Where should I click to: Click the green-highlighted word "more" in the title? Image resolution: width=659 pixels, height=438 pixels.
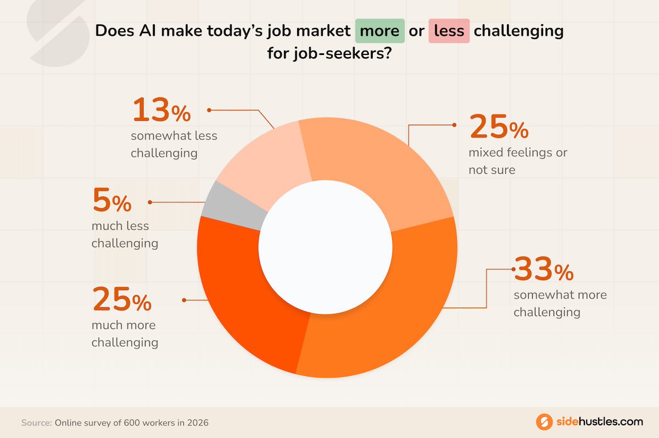coord(380,31)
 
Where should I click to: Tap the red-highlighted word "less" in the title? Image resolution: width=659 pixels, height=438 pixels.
coord(449,31)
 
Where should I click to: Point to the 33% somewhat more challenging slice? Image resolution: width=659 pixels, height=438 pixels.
coord(384,319)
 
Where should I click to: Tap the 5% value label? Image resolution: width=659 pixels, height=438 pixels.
coord(112,202)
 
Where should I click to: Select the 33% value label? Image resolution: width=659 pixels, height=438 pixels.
coord(544,270)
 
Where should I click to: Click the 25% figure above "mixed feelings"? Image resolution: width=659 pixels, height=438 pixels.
coord(499,129)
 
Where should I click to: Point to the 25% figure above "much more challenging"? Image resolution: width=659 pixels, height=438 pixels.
coord(121,301)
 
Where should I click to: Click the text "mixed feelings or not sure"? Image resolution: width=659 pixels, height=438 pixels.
coord(517,161)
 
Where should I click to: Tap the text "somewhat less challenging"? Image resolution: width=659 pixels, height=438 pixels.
coord(174,145)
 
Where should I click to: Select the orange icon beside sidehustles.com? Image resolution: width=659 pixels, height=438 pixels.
coord(544,422)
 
